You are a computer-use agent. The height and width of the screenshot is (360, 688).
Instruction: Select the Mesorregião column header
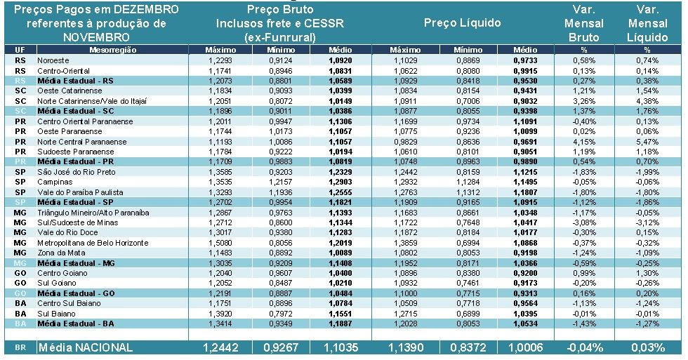[x=112, y=51]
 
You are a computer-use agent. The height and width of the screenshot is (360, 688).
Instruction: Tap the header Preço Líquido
[x=462, y=23]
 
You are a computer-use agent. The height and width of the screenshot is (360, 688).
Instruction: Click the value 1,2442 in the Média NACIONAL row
[x=223, y=347]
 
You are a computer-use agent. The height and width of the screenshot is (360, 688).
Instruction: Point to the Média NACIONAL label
[x=85, y=347]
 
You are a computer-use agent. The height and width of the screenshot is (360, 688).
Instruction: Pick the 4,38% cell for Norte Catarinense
[x=647, y=101]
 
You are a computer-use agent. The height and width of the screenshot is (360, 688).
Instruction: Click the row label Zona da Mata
[x=60, y=253]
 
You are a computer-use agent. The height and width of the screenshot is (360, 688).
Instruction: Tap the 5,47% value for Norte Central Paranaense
[x=647, y=142]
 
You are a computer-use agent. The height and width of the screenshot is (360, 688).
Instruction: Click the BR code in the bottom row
[x=20, y=347]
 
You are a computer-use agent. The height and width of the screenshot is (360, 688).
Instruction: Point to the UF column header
[x=20, y=51]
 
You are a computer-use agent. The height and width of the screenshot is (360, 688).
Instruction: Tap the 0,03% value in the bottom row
[x=647, y=347]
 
